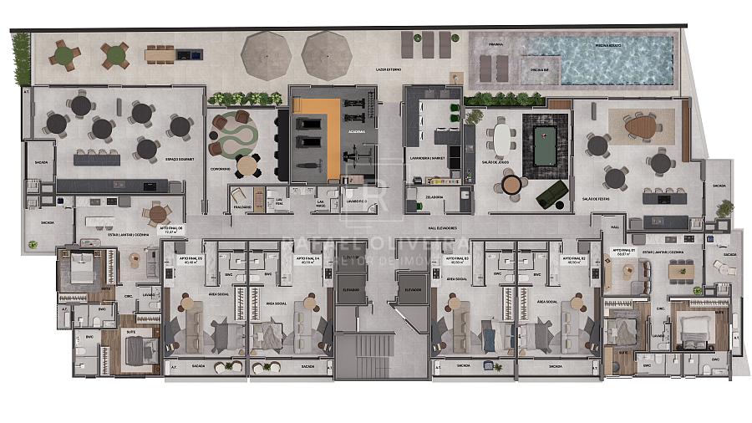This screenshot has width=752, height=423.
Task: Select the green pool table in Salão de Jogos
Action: [545, 136]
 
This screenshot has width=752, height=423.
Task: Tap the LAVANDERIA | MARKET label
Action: [426, 156]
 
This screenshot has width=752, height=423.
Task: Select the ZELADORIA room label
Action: [433, 197]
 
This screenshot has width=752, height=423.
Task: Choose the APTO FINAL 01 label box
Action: [624, 252]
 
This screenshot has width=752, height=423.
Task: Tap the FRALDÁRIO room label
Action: [242, 206]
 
